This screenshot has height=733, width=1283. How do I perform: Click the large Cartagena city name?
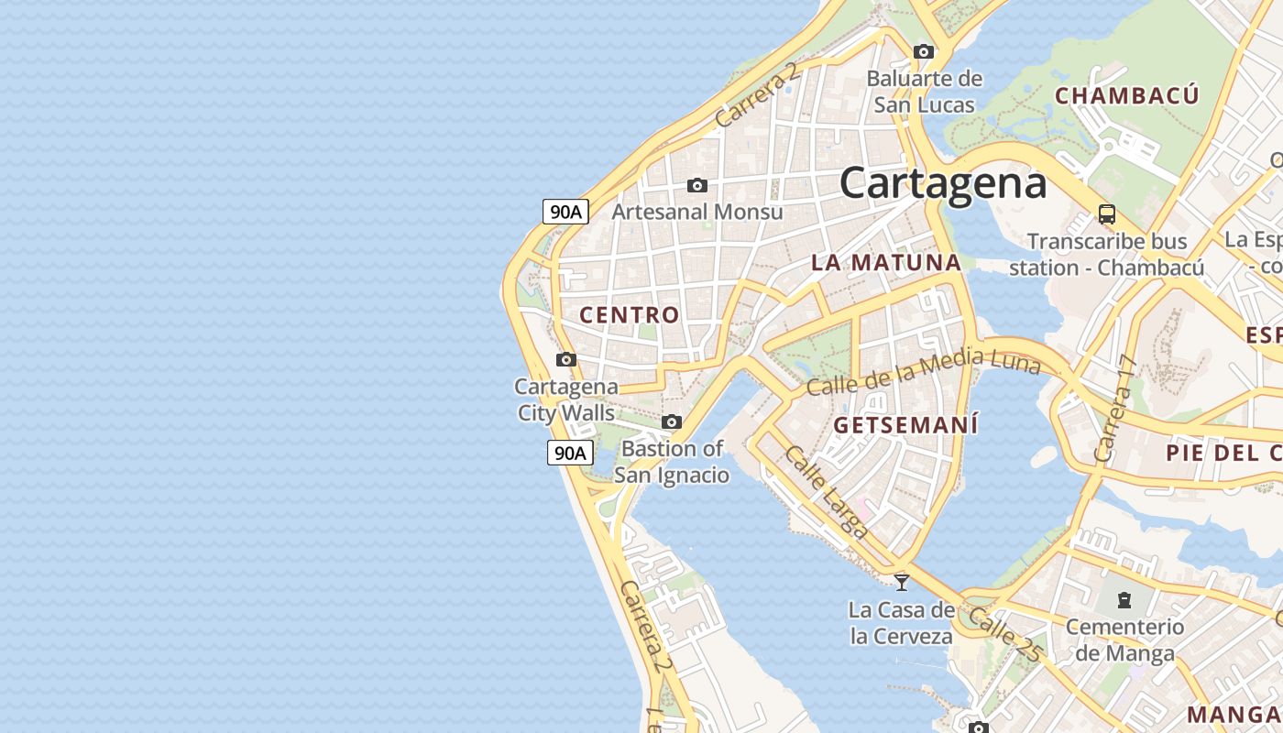tap(943, 182)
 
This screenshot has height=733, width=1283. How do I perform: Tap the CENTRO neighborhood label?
tap(630, 315)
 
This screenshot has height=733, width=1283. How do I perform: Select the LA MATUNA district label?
tap(886, 263)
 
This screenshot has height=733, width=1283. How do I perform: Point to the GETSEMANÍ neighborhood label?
tap(905, 425)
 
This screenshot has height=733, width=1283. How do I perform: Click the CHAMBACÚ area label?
tap(1126, 96)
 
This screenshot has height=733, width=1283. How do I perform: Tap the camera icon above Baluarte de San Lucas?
tap(924, 51)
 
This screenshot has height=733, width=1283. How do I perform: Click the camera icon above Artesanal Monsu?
tap(697, 186)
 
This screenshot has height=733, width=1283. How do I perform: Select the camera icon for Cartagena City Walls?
tap(566, 359)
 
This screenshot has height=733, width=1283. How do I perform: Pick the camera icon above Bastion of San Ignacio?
tap(672, 421)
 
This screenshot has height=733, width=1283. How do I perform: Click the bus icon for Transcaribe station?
tap(1107, 214)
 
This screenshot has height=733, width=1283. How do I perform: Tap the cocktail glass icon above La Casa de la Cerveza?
tap(902, 582)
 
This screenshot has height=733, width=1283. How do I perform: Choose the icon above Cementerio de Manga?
tap(1124, 600)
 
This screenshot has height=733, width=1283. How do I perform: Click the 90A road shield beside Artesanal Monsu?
tap(565, 212)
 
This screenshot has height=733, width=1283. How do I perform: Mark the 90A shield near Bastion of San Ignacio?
tap(570, 453)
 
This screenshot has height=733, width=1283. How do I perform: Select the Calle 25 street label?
tap(1004, 633)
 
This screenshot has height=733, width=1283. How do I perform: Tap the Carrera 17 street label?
tap(1114, 409)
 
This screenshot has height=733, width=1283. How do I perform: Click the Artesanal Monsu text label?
tap(697, 212)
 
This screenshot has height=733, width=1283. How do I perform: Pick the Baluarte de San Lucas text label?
tap(924, 92)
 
